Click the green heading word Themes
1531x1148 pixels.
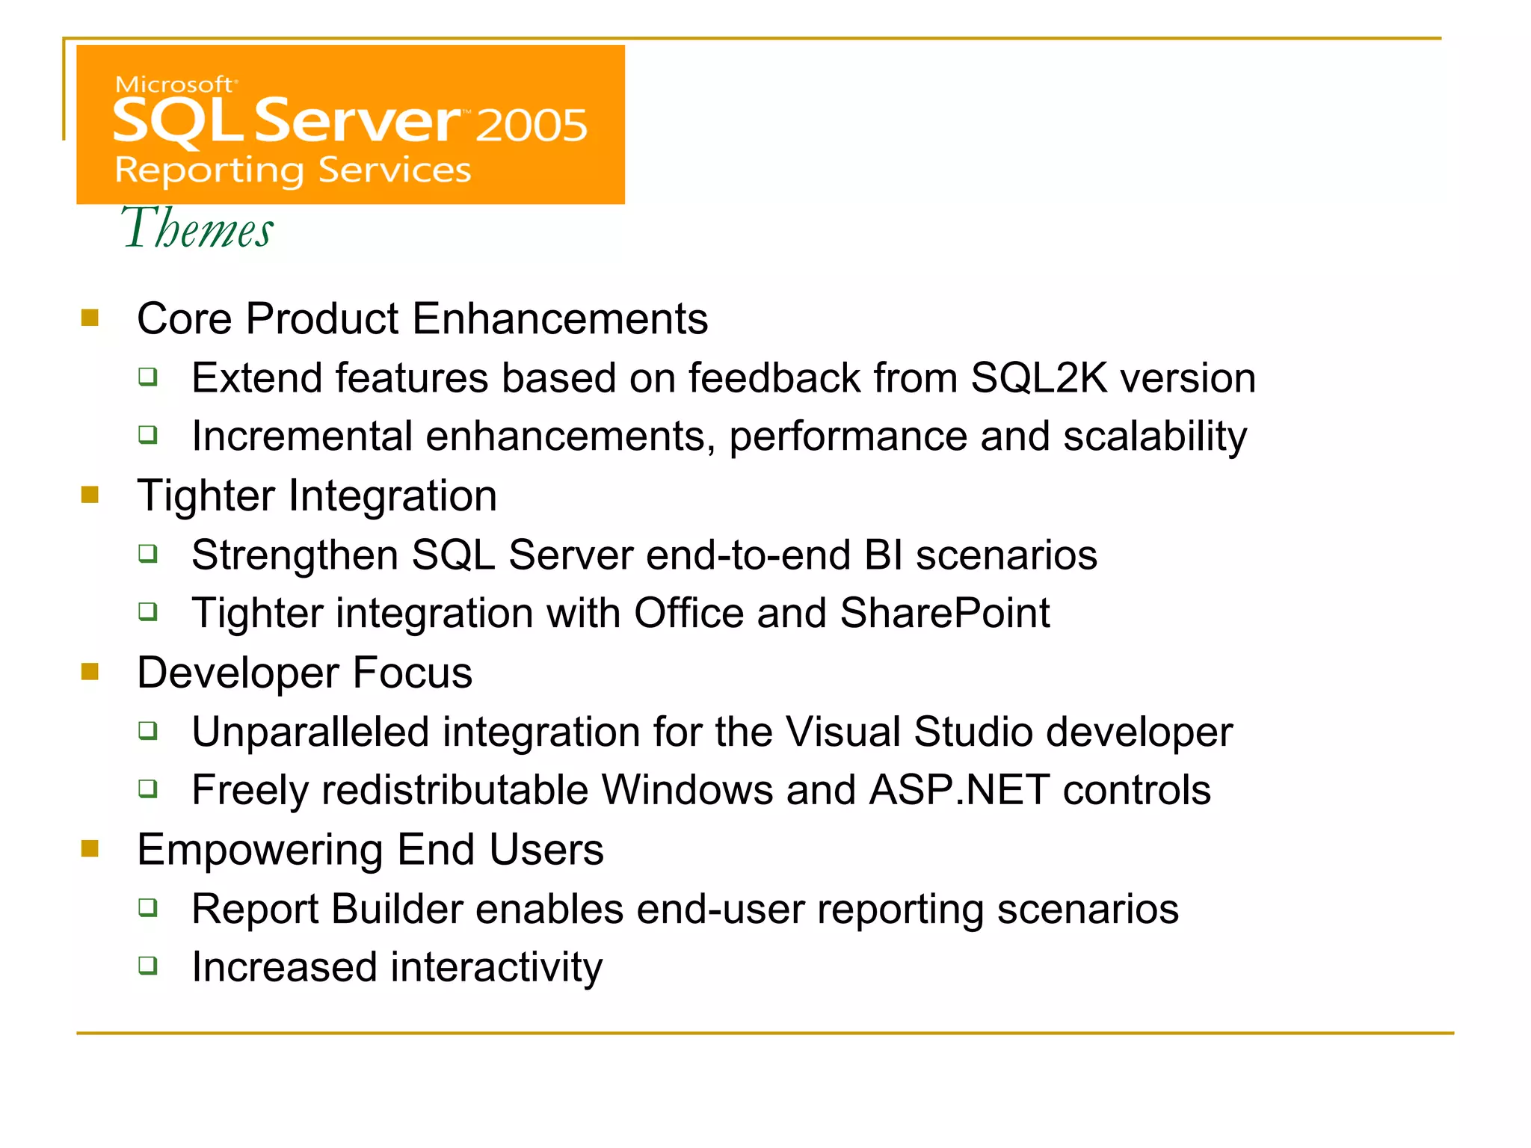pyautogui.click(x=197, y=229)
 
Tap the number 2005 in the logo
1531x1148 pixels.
pyautogui.click(x=532, y=125)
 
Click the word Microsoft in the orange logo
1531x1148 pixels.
pyautogui.click(x=174, y=84)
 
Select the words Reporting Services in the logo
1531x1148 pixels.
pyautogui.click(x=293, y=170)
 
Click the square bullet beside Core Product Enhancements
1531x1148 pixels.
pyautogui.click(x=90, y=318)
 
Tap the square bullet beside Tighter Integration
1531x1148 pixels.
pyautogui.click(x=90, y=496)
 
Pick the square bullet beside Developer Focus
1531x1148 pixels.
pyautogui.click(x=90, y=672)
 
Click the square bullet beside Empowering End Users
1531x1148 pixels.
pyautogui.click(x=90, y=849)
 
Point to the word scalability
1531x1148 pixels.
pyautogui.click(x=1155, y=436)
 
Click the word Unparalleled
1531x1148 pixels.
pyautogui.click(x=310, y=732)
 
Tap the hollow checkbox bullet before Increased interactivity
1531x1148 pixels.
pyautogui.click(x=149, y=966)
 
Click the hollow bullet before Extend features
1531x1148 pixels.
pyautogui.click(x=149, y=376)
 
